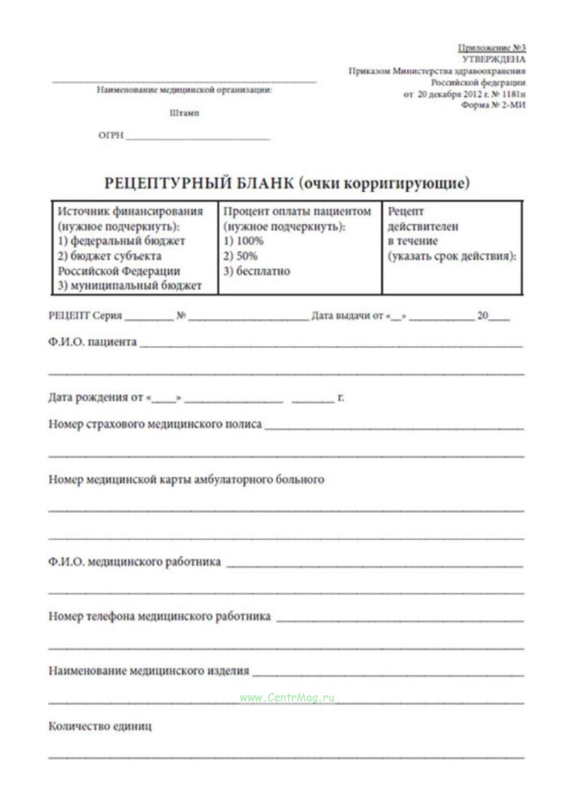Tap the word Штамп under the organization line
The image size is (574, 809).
184,113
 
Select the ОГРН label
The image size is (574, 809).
111,135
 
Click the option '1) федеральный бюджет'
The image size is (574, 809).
121,241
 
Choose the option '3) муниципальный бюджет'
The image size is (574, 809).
130,285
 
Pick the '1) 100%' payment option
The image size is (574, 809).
243,241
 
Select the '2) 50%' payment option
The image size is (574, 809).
240,256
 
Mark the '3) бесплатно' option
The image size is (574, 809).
257,271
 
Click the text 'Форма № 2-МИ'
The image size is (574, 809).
493,105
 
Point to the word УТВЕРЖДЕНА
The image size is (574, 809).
494,59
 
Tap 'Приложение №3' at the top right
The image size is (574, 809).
492,48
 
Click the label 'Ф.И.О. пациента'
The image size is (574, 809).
92,342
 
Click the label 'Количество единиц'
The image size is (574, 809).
100,726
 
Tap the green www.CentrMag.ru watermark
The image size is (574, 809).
287,698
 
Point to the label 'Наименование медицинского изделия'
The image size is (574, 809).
149,671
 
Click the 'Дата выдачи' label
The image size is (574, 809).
347,316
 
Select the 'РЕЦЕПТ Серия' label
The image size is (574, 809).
85,316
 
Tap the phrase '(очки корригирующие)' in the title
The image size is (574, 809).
385,183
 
